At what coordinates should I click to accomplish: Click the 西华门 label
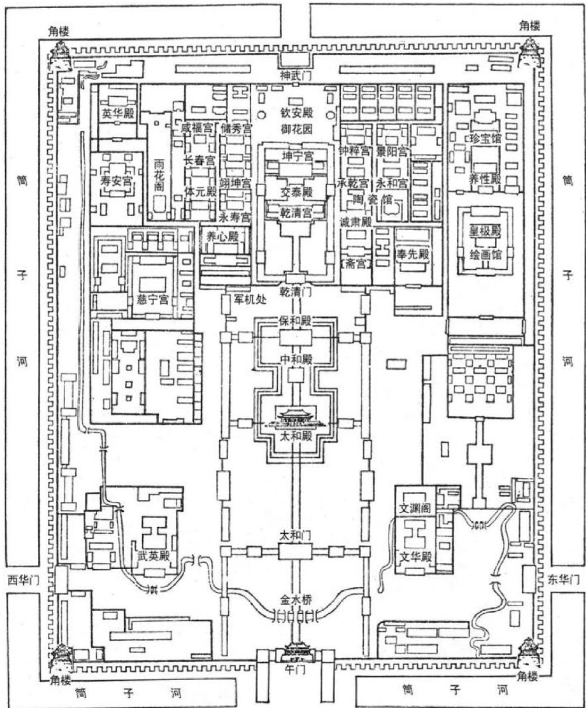tap(21, 578)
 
